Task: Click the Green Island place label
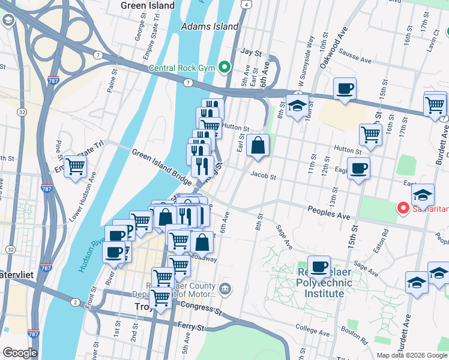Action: [x=148, y=6]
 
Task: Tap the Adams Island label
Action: [x=209, y=26]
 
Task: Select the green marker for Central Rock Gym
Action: [x=225, y=67]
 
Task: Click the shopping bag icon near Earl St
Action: [x=258, y=145]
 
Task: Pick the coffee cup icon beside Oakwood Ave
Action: [x=345, y=89]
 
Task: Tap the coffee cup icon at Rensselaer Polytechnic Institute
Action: [x=319, y=266]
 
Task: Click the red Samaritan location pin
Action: [x=403, y=208]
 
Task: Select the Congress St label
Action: [x=200, y=309]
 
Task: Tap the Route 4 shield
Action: [x=247, y=4]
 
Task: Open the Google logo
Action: [x=20, y=353]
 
